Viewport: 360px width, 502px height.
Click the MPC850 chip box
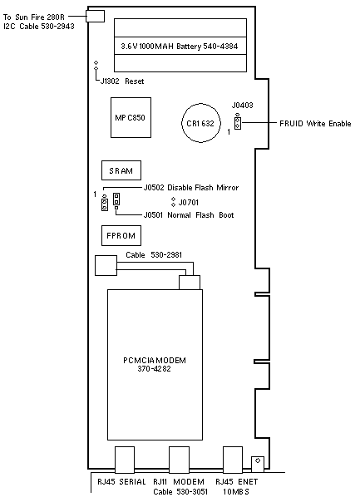(131, 117)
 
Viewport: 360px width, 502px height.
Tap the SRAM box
(121, 170)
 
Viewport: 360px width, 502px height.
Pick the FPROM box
(121, 236)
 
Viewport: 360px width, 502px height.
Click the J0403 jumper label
(242, 105)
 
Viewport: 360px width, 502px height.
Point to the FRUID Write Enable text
(315, 124)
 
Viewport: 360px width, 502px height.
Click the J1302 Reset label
(122, 81)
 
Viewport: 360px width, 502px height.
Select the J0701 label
(189, 202)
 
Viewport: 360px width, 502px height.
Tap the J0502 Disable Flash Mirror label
(191, 188)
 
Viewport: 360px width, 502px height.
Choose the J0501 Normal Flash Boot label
(189, 214)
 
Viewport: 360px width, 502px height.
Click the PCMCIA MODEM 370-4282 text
(155, 364)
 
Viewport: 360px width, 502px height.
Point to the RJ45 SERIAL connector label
(121, 481)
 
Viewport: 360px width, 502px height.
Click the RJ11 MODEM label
(179, 481)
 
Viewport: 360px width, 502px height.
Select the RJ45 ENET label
(236, 481)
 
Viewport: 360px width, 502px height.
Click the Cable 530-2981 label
(154, 255)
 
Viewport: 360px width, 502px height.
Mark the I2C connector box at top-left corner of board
(95, 16)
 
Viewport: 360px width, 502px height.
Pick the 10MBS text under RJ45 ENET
(236, 491)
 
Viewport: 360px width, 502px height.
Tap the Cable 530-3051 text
(180, 491)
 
